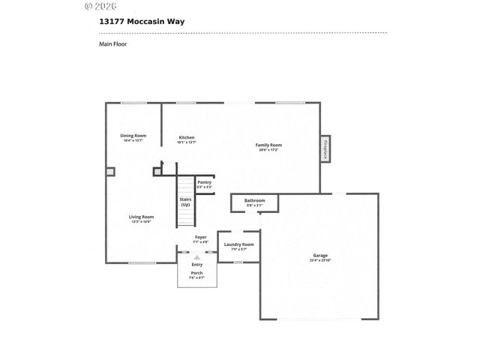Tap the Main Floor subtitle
pyautogui.click(x=112, y=44)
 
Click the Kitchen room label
pyautogui.click(x=187, y=139)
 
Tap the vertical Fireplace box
pyautogui.click(x=326, y=148)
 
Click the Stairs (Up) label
pyautogui.click(x=184, y=202)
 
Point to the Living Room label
pyautogui.click(x=142, y=219)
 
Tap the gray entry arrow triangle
pyautogui.click(x=197, y=257)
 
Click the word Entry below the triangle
pyautogui.click(x=196, y=265)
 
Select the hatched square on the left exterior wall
pyautogui.click(x=110, y=172)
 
